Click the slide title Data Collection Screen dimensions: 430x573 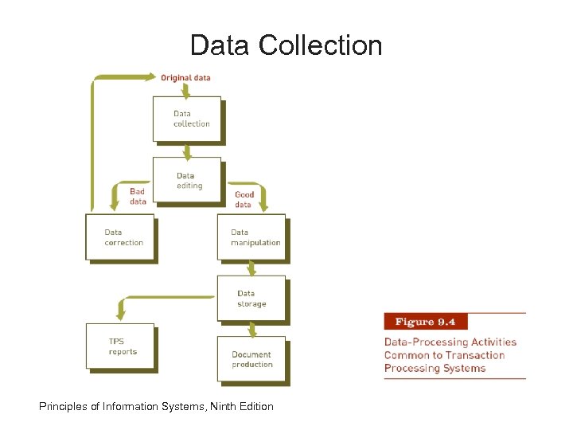tap(286, 45)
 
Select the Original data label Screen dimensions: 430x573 tap(185, 78)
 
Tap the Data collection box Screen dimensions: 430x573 tap(187, 119)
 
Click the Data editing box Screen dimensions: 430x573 tap(187, 181)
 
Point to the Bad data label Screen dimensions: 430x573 tap(138, 197)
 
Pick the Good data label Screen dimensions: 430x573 tap(244, 199)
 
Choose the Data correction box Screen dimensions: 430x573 tap(120, 237)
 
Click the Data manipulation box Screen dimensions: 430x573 tap(251, 237)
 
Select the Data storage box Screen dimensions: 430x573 tap(251, 299)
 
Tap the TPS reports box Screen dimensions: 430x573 tap(120, 346)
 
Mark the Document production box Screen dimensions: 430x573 tap(251, 360)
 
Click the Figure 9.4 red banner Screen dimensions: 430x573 tap(425, 322)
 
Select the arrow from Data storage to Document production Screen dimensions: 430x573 tap(252, 328)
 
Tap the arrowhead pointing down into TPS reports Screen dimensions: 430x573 tap(120, 306)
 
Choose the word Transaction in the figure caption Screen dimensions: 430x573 tap(475, 355)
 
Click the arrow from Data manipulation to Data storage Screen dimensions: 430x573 tap(252, 268)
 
